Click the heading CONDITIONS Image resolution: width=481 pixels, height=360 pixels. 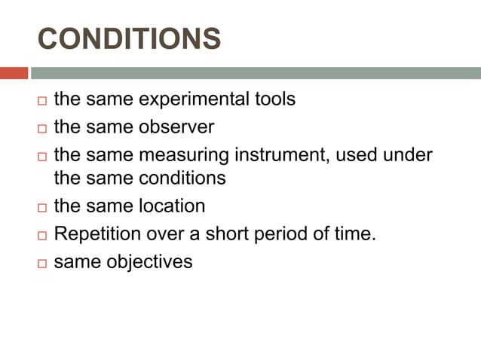coord(129,39)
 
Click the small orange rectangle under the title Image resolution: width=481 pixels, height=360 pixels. coord(14,73)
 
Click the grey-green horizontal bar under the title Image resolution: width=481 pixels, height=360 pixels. coord(256,73)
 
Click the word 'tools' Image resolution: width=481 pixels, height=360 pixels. coord(272,99)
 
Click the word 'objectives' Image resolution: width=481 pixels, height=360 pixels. coord(149,263)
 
